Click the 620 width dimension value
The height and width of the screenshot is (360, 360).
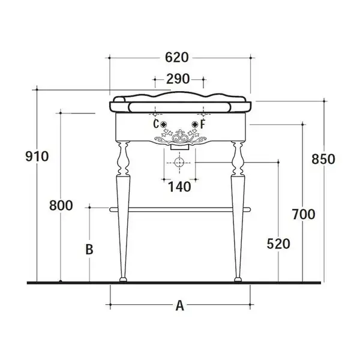point(177,58)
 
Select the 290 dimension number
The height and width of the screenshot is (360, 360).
point(178,79)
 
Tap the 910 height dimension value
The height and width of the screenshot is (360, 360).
point(37,157)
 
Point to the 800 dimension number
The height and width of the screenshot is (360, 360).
point(61,205)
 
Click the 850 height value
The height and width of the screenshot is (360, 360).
point(323,159)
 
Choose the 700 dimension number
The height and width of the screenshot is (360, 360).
point(304,214)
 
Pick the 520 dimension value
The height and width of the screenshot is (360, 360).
point(278,244)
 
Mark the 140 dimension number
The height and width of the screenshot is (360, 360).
point(179,187)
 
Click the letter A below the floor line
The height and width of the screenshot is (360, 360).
point(180,306)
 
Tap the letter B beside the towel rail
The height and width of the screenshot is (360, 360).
point(89,250)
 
